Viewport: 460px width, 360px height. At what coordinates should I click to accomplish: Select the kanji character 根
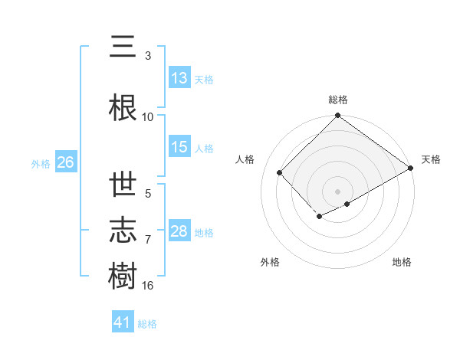pyautogui.click(x=123, y=108)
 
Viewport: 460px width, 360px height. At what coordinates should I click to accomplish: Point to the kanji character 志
pyautogui.click(x=123, y=229)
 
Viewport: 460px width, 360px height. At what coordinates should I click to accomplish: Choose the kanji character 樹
pyautogui.click(x=123, y=275)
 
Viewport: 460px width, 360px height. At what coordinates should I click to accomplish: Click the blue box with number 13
pyautogui.click(x=179, y=78)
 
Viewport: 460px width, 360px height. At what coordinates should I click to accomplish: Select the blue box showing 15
pyautogui.click(x=179, y=147)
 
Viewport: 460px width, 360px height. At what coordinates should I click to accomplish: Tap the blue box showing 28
pyautogui.click(x=179, y=231)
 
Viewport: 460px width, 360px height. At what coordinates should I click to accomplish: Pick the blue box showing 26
pyautogui.click(x=65, y=162)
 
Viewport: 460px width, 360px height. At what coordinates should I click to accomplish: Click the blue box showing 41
pyautogui.click(x=123, y=323)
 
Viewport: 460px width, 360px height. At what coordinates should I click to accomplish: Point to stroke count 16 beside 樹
pyautogui.click(x=148, y=286)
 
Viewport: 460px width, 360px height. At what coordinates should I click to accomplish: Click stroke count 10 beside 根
pyautogui.click(x=148, y=117)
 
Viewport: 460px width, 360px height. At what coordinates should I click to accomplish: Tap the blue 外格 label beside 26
pyautogui.click(x=41, y=163)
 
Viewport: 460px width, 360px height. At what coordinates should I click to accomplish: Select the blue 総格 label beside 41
pyautogui.click(x=147, y=324)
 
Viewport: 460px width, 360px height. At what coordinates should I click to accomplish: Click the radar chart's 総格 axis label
pyautogui.click(x=338, y=100)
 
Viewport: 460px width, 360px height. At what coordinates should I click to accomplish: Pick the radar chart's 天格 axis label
pyautogui.click(x=431, y=159)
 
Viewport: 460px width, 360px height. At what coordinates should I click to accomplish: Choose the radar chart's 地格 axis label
pyautogui.click(x=402, y=263)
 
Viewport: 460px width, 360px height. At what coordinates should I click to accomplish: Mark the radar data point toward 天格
pyautogui.click(x=412, y=168)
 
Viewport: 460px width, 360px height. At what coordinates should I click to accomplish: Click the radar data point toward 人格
pyautogui.click(x=280, y=172)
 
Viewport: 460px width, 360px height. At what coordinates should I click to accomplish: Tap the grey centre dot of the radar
pyautogui.click(x=337, y=191)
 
